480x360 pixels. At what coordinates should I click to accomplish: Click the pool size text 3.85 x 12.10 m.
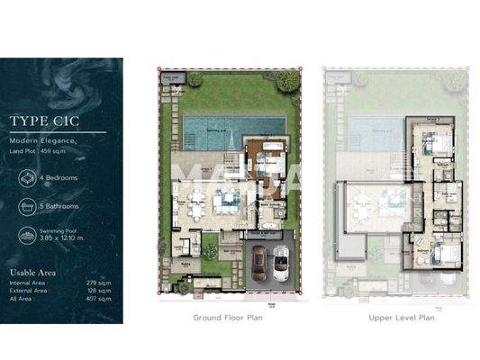(66, 240)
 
